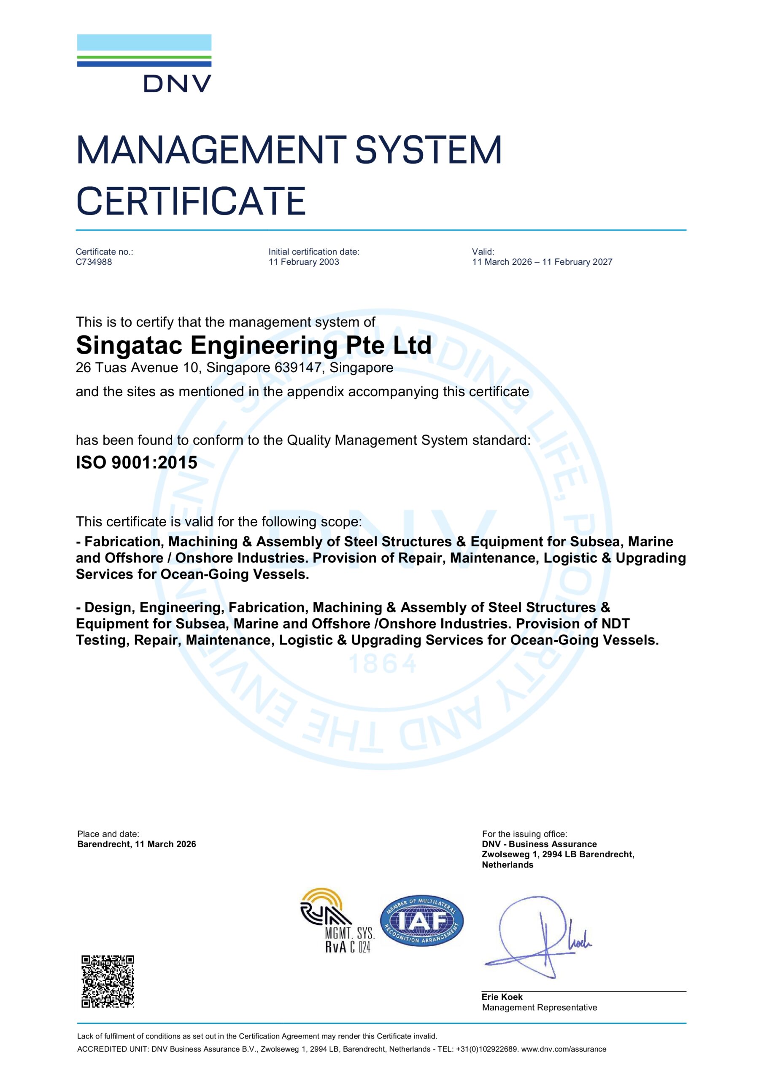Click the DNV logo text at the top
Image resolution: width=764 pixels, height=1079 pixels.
(177, 84)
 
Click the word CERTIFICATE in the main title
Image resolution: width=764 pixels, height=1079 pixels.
(191, 201)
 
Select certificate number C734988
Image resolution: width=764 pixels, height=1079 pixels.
(94, 262)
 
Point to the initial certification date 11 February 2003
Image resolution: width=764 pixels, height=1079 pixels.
(303, 262)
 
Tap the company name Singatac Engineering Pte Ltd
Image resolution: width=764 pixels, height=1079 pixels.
(254, 346)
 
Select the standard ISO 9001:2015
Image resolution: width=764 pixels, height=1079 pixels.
(136, 462)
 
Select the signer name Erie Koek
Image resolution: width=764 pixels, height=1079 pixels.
(502, 997)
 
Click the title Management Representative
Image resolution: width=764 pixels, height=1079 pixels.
(539, 1008)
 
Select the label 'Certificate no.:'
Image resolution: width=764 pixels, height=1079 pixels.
(105, 252)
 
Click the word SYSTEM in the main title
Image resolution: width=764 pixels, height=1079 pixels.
(428, 150)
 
